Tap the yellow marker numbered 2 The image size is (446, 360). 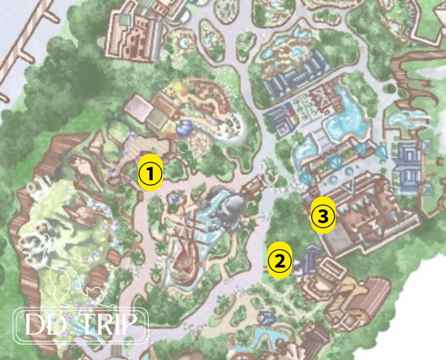[x=280, y=260]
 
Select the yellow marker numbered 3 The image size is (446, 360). [x=322, y=216]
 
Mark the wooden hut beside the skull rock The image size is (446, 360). [x=254, y=187]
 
